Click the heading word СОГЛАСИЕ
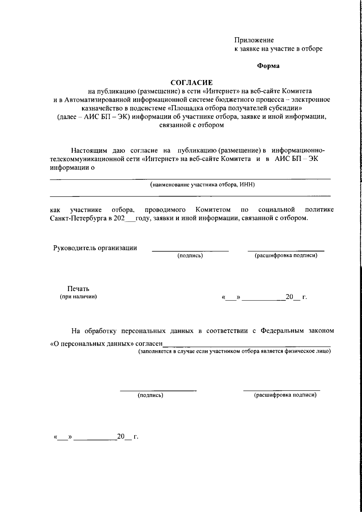coord(192,82)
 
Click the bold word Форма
coord(268,66)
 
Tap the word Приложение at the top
coord(254,40)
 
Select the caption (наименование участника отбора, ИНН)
coord(203,185)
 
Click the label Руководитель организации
coord(95,248)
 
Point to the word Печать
coord(78,289)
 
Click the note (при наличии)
coord(78,297)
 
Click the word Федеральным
coord(282,331)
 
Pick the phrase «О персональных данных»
coord(92,344)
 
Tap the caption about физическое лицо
coord(234,352)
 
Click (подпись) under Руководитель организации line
coord(190,256)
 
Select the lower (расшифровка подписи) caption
coord(285,395)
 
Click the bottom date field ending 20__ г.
coord(96,437)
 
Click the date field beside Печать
coord(264,297)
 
